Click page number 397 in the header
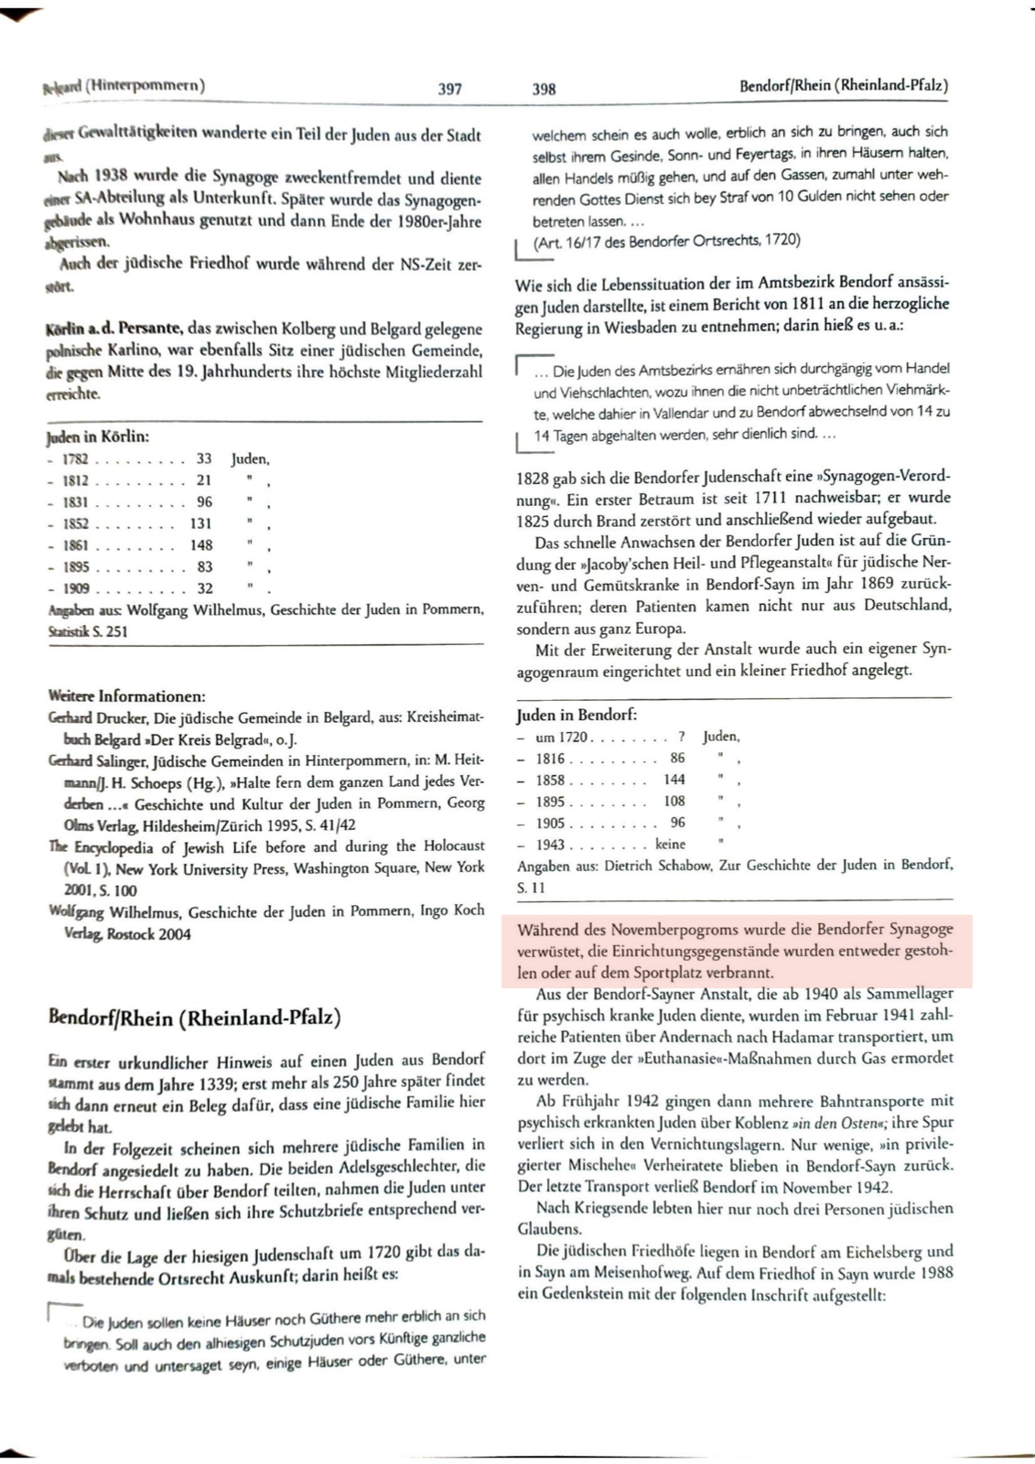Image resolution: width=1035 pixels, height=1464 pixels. pyautogui.click(x=449, y=89)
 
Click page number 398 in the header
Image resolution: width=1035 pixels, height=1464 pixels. pyautogui.click(x=544, y=89)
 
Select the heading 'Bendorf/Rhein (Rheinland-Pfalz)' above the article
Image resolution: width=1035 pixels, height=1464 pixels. pyautogui.click(x=194, y=1017)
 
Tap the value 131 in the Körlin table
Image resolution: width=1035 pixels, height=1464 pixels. pyautogui.click(x=200, y=523)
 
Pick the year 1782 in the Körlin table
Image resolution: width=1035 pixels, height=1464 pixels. pyautogui.click(x=75, y=458)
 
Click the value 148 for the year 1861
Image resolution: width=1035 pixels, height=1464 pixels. pyautogui.click(x=200, y=545)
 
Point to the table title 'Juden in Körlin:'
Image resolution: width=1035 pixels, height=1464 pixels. pyautogui.click(x=98, y=436)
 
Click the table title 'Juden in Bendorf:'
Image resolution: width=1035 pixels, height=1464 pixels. pyautogui.click(x=577, y=715)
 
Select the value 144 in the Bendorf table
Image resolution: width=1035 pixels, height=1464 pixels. pyautogui.click(x=674, y=780)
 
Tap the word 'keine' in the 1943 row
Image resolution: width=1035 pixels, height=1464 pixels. pyautogui.click(x=670, y=845)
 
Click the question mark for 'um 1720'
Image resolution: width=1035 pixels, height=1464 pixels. pyautogui.click(x=682, y=737)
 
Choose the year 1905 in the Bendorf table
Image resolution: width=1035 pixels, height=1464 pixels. pyautogui.click(x=550, y=823)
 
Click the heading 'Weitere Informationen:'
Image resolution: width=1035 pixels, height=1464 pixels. pyautogui.click(x=126, y=696)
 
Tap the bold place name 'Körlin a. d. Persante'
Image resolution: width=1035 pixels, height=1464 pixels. pyautogui.click(x=114, y=328)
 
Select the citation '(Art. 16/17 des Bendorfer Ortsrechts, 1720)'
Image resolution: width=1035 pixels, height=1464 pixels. pyautogui.click(x=666, y=240)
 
